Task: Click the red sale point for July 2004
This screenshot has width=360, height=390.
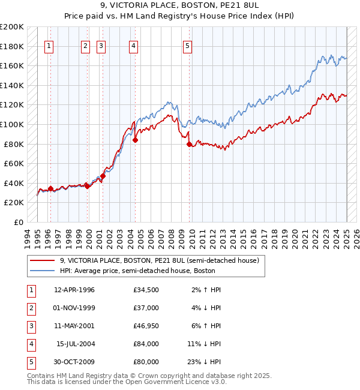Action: [135, 140]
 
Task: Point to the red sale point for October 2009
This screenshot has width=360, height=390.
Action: [189, 144]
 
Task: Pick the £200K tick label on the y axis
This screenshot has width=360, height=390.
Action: [12, 27]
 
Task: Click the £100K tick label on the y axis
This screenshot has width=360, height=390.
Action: [12, 124]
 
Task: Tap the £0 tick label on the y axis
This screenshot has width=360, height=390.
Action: [18, 222]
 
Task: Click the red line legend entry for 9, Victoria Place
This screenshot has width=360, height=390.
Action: [159, 260]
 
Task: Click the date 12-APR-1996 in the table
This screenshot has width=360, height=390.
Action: [74, 290]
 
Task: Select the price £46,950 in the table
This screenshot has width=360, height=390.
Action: [146, 326]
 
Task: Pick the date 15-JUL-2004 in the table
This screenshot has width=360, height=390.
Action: [76, 344]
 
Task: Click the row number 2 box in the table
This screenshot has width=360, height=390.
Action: [29, 308]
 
